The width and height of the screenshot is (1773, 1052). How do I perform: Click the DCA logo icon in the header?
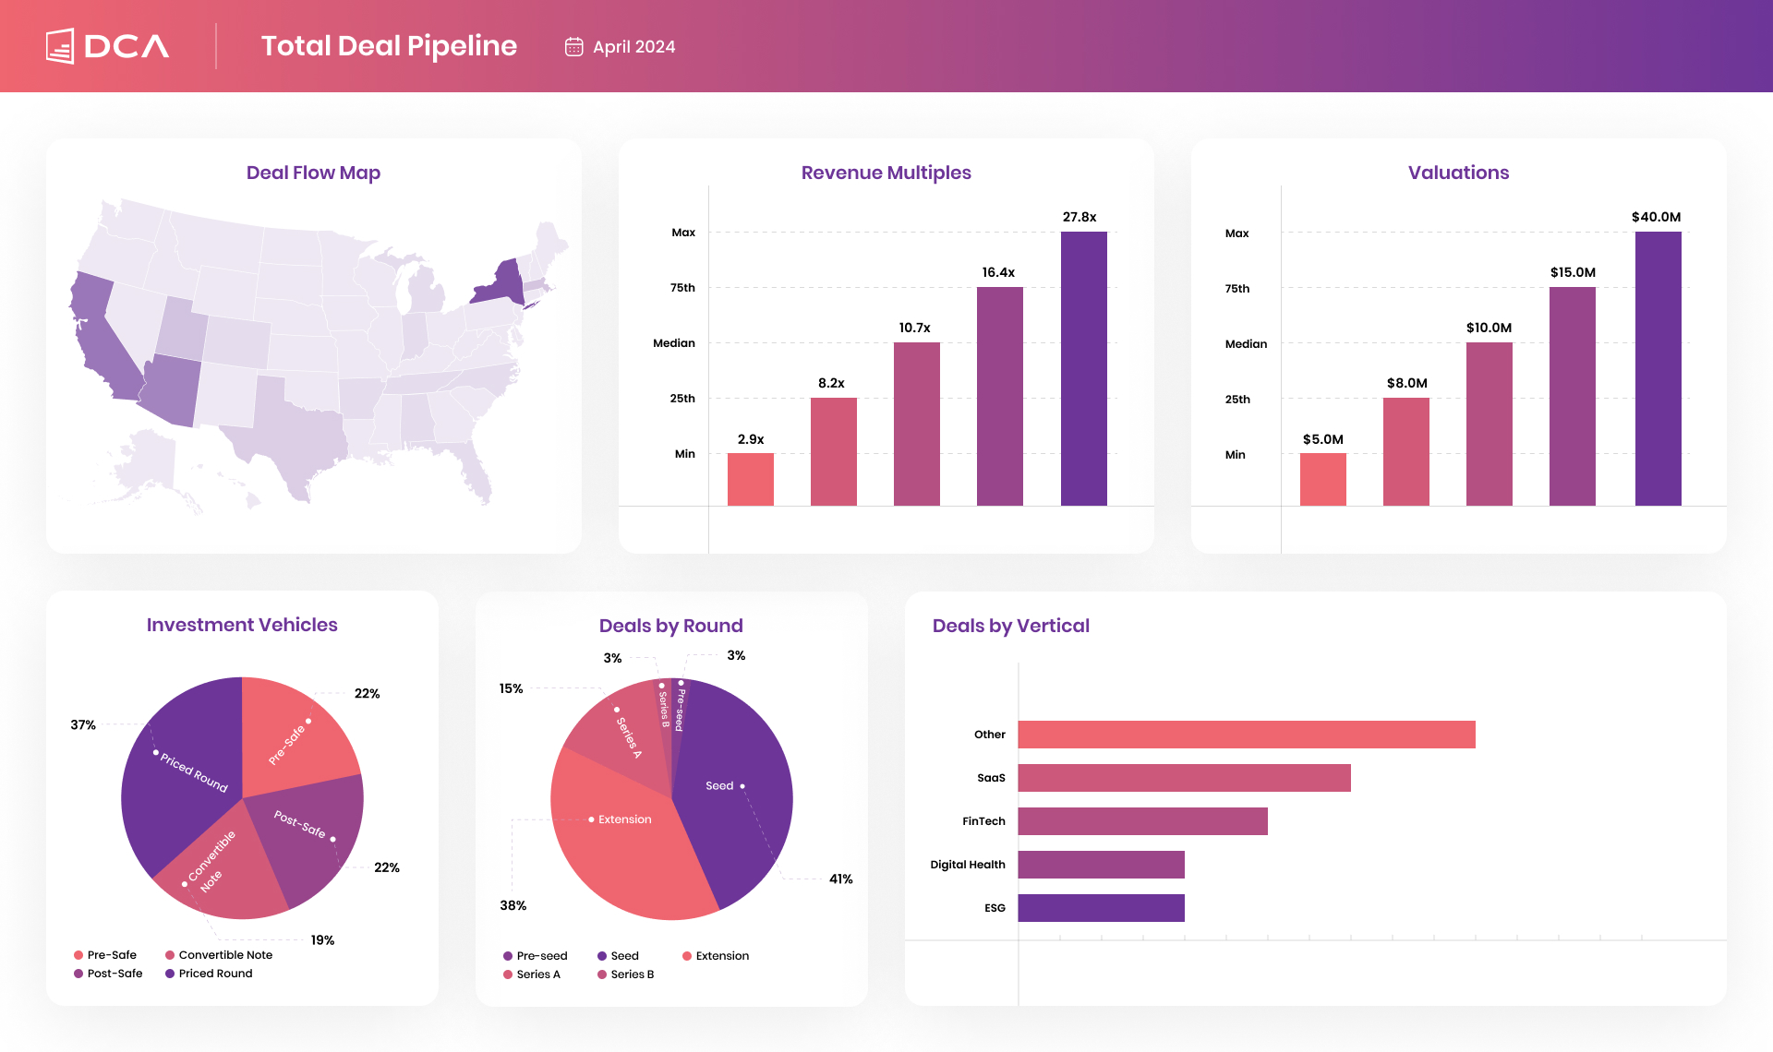click(60, 46)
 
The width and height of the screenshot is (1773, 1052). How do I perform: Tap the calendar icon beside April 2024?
click(573, 47)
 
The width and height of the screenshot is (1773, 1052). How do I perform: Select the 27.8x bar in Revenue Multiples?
click(1083, 369)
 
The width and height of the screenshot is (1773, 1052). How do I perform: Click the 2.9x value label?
click(750, 439)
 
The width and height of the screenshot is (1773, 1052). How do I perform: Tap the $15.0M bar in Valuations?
click(1572, 397)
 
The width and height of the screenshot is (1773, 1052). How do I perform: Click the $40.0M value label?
click(1656, 217)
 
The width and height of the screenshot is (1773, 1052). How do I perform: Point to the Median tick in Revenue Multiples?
click(673, 343)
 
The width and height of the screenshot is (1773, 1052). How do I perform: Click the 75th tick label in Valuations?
click(1236, 289)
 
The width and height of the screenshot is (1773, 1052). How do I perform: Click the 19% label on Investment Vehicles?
click(322, 940)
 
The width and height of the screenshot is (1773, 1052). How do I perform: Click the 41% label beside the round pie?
click(840, 879)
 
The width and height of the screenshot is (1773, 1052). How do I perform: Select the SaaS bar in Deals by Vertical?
click(1184, 778)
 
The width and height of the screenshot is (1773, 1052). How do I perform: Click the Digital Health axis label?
click(967, 865)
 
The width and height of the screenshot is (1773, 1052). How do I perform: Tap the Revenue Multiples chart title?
click(886, 173)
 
